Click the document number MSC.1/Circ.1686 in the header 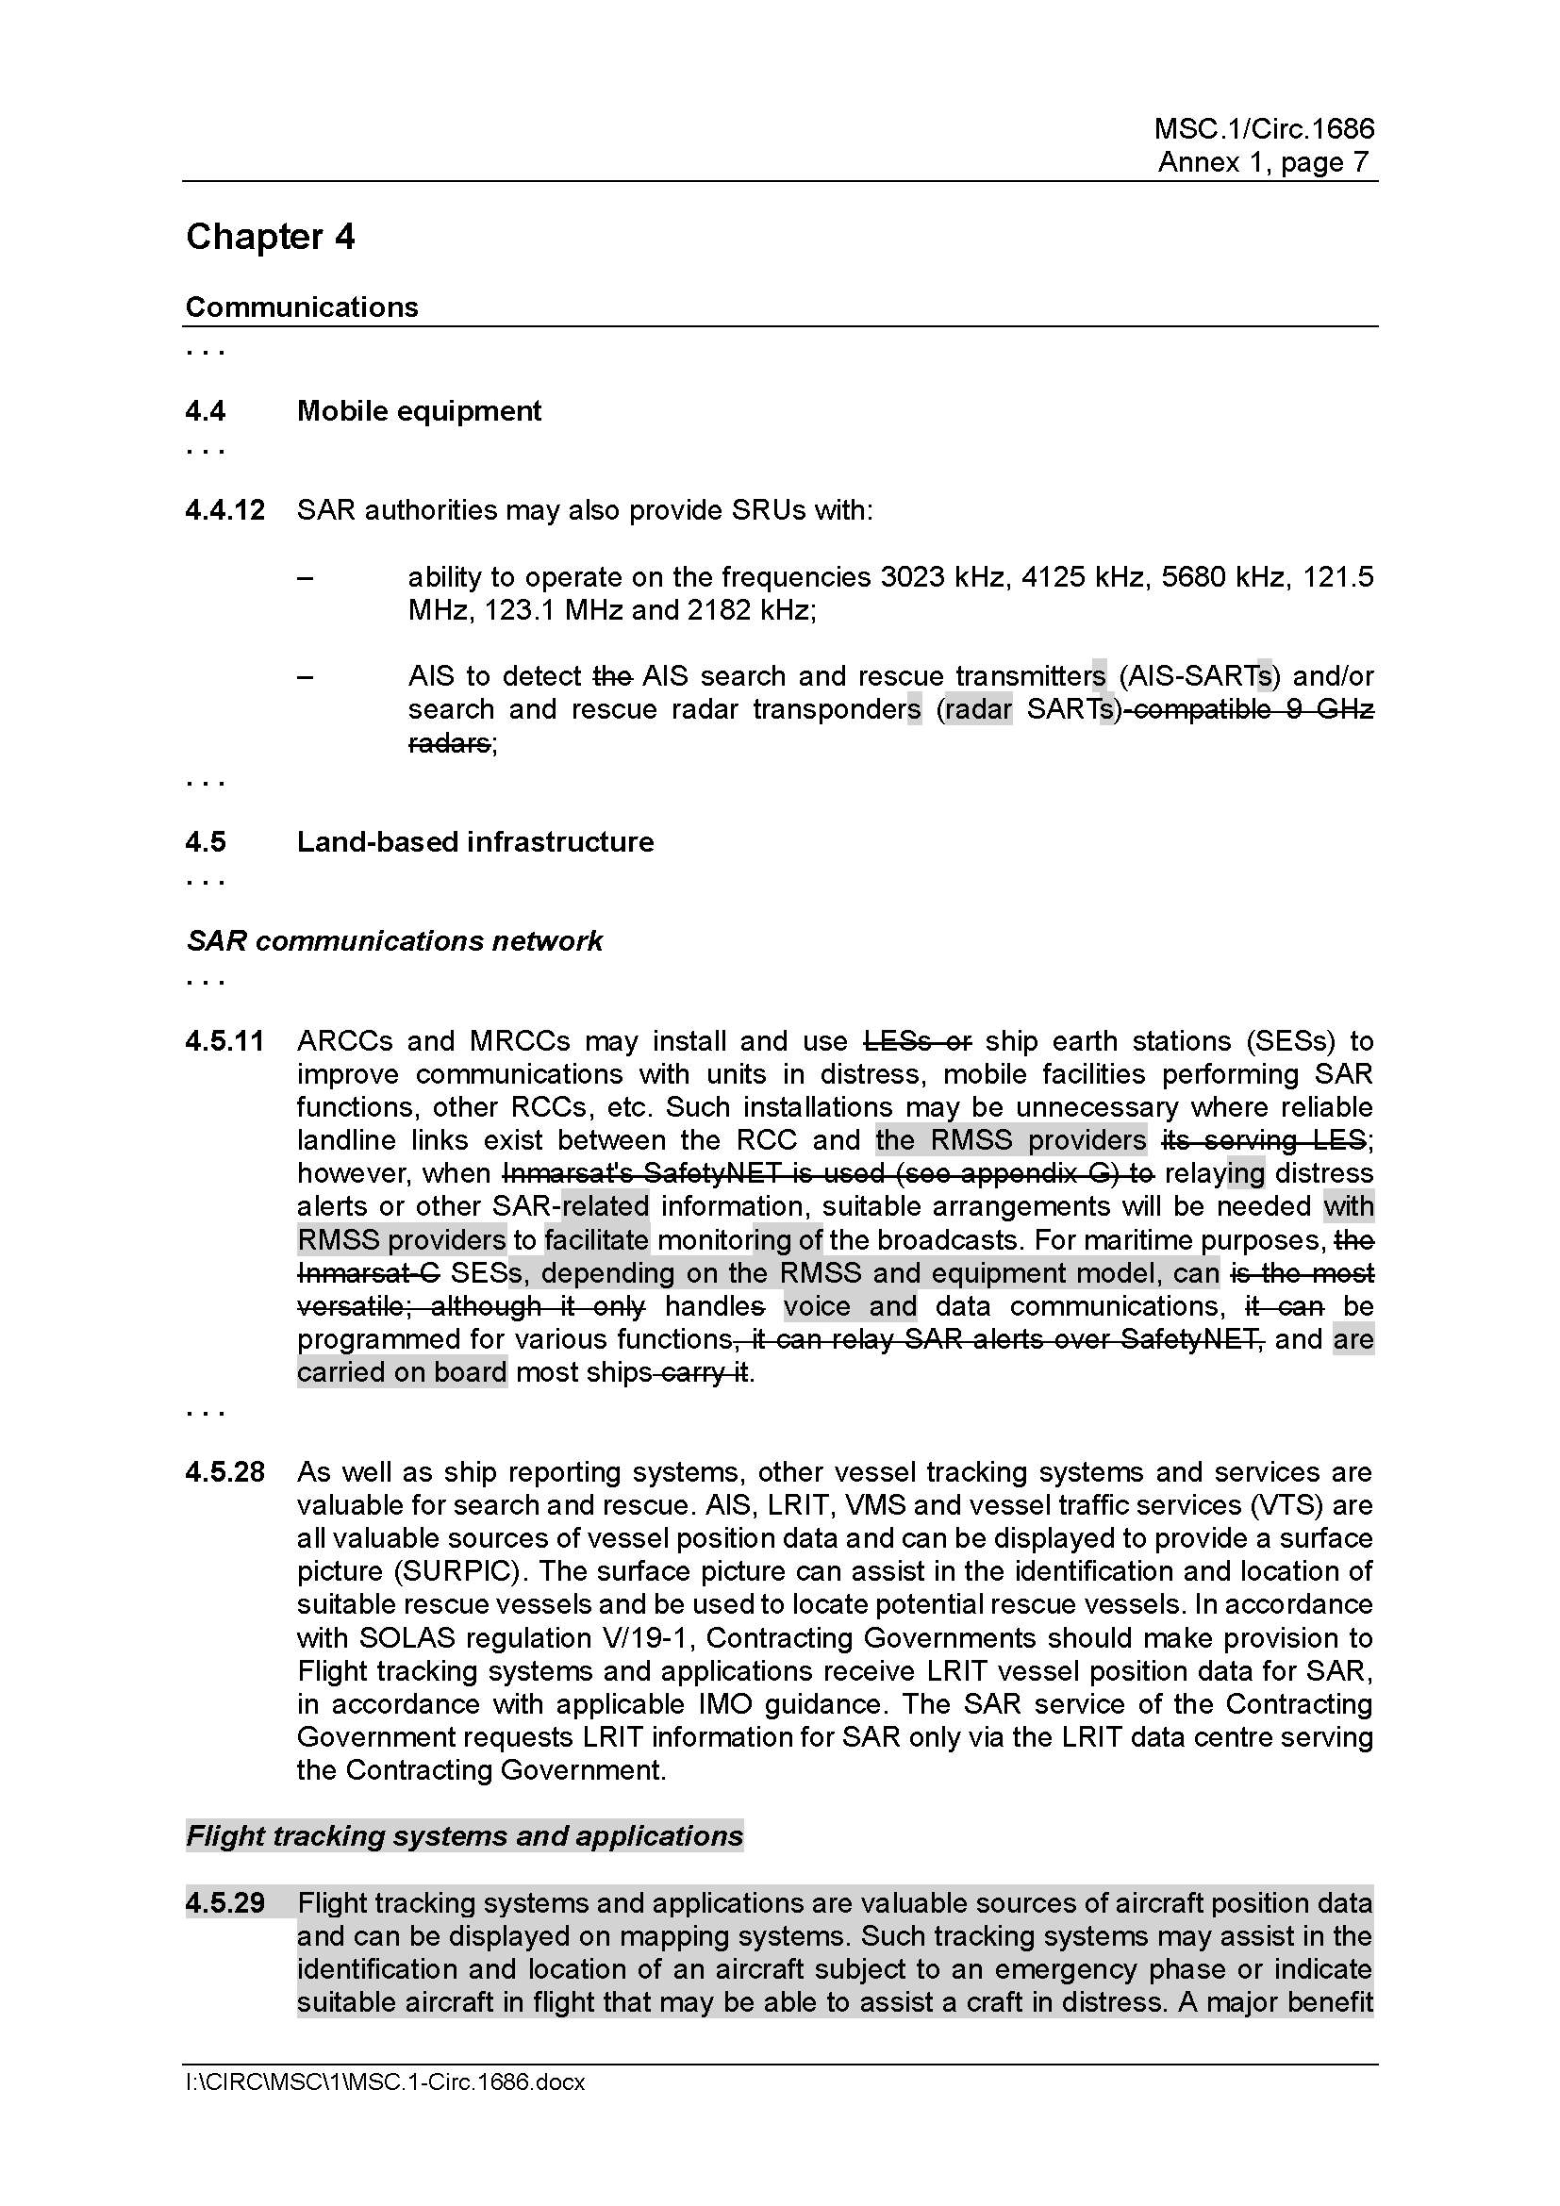[1263, 129]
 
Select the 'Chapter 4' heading [270, 237]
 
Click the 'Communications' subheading [302, 307]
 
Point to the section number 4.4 [206, 411]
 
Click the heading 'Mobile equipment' [419, 411]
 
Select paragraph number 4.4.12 [224, 510]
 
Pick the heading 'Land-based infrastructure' [474, 842]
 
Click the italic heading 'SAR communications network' [394, 940]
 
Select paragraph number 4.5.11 [224, 1041]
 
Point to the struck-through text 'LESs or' [919, 1041]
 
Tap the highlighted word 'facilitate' [596, 1239]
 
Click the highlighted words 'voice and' [849, 1305]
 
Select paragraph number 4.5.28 [224, 1472]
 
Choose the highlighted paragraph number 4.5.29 [224, 1902]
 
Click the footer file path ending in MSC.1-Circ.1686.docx [385, 2083]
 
